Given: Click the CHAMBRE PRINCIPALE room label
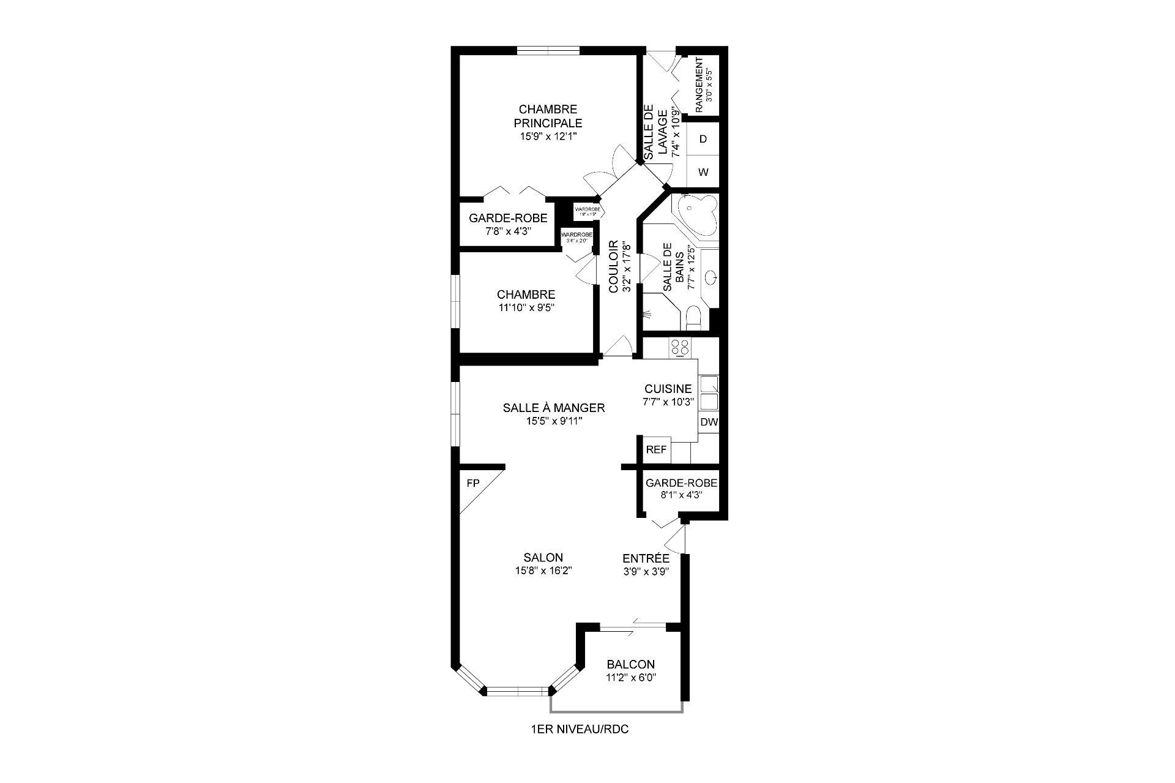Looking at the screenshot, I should [x=548, y=116].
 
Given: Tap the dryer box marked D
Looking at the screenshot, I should [x=703, y=140].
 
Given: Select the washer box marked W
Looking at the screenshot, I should [x=703, y=173].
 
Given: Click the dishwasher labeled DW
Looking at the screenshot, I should [x=709, y=422].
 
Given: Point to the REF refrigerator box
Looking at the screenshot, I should [x=656, y=450].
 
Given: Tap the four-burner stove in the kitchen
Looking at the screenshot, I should [x=680, y=348].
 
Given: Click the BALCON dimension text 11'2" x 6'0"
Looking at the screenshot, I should [x=630, y=678].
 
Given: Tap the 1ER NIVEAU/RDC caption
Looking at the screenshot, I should [x=580, y=730].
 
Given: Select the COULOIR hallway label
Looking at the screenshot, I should [x=614, y=267].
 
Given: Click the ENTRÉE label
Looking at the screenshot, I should [x=646, y=559].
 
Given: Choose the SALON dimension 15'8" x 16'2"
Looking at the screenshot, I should [x=543, y=571].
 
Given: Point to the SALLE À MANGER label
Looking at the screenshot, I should [x=554, y=408].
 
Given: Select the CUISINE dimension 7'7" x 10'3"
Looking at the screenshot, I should [x=668, y=402].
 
